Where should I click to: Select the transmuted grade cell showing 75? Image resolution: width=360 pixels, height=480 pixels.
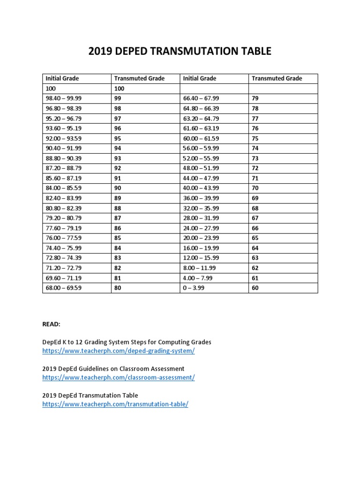coord(255,138)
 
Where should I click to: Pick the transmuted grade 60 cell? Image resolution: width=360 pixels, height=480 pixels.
coord(255,288)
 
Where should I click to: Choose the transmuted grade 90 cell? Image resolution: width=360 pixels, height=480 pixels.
coord(118,188)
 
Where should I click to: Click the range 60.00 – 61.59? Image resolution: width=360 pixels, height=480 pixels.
coord(201,138)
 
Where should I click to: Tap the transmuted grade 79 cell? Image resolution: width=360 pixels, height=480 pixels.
coord(255,98)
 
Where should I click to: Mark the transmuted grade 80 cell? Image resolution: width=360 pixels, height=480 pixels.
coord(118,288)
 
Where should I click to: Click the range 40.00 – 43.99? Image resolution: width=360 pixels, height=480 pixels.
coord(201,188)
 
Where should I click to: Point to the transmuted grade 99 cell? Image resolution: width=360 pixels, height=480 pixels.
coord(118,98)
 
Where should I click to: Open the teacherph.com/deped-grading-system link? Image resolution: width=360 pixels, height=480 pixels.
coord(118,351)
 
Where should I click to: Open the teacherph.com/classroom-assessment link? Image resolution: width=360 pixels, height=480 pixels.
coord(118,377)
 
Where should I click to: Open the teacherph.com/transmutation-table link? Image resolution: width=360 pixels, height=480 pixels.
coord(115,404)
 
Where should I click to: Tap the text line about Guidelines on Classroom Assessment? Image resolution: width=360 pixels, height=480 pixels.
coord(113,369)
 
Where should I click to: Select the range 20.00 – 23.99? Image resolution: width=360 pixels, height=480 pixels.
coord(201,238)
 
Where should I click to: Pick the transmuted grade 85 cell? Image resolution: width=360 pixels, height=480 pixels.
coord(118,238)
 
